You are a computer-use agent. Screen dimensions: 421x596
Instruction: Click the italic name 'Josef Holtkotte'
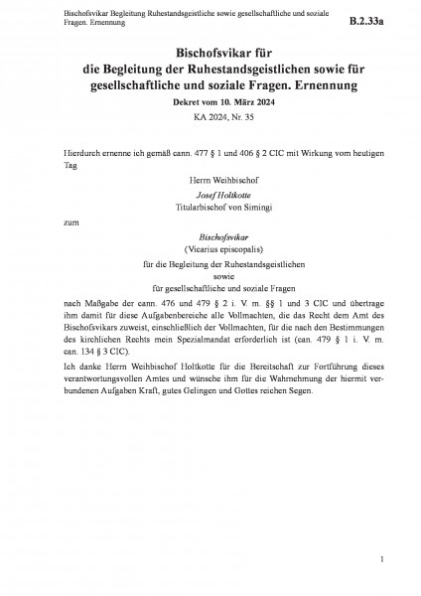tap(210, 199)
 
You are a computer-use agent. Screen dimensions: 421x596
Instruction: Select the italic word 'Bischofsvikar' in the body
tap(210, 238)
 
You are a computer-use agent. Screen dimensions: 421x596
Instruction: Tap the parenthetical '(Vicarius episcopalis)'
tap(210, 251)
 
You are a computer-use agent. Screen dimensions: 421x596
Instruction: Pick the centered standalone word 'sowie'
tap(210, 280)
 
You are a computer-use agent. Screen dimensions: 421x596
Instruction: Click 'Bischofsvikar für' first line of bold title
tap(210, 52)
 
